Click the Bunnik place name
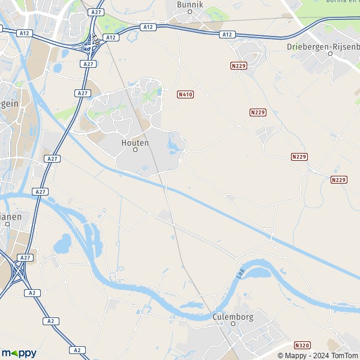(x=190, y=4)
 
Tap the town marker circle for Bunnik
(x=190, y=11)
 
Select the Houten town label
(x=134, y=142)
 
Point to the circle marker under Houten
(x=135, y=149)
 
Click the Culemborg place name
(x=233, y=316)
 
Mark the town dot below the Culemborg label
(x=233, y=323)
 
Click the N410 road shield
(x=185, y=94)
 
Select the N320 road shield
(x=302, y=346)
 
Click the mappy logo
(x=19, y=353)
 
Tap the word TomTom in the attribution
(x=344, y=355)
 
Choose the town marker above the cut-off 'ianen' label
(x=8, y=224)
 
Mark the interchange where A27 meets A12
(x=93, y=42)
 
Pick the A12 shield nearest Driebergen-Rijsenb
(x=227, y=35)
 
